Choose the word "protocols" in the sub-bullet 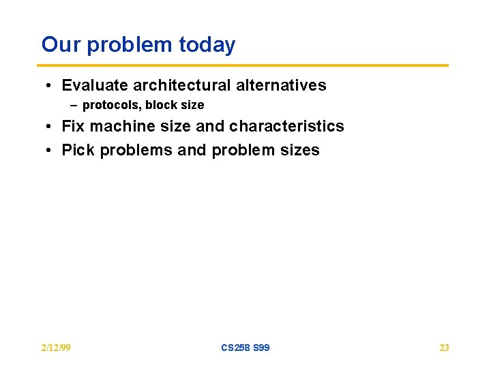[x=110, y=106]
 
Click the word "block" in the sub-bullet [x=160, y=106]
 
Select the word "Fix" [x=74, y=127]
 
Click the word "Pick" [x=78, y=151]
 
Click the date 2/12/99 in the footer [x=56, y=348]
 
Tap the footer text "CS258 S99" [x=245, y=348]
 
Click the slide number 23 [x=444, y=348]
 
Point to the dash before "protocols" [x=74, y=106]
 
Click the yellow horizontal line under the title [x=245, y=65]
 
